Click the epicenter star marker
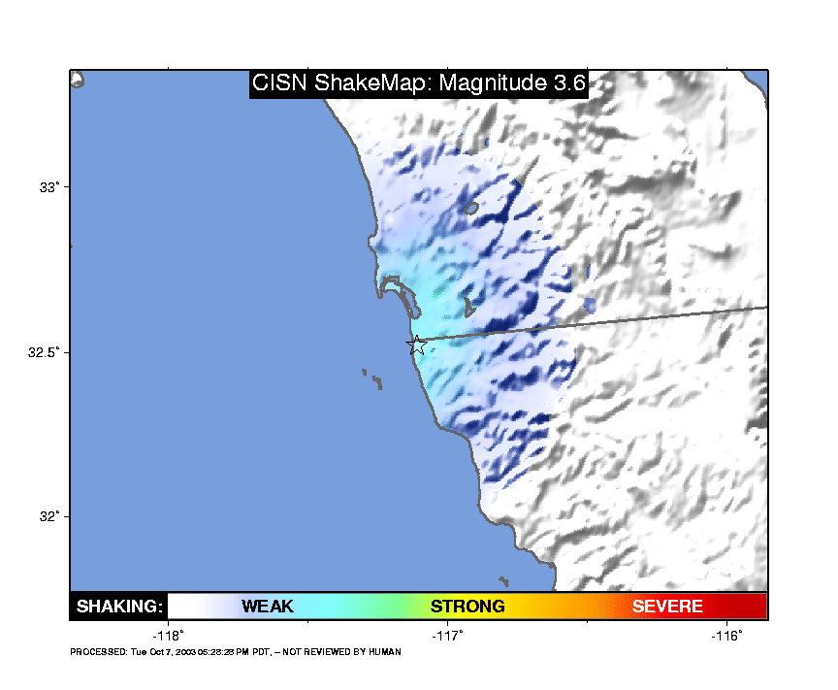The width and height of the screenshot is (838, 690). click(x=417, y=345)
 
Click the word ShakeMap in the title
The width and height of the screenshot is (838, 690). click(x=373, y=83)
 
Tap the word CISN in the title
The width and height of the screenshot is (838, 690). click(x=279, y=82)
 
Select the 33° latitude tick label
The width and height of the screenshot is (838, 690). click(x=49, y=187)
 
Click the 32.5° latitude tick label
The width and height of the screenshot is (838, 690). click(x=44, y=352)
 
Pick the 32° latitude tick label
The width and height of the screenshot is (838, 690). click(x=49, y=516)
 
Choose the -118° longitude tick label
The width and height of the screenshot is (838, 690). click(x=168, y=636)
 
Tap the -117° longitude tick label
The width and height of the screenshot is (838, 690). click(x=447, y=636)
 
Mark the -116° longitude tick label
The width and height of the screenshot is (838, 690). click(x=726, y=636)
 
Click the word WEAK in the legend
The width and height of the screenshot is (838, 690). click(x=268, y=606)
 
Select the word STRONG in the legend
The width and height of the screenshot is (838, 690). click(x=467, y=606)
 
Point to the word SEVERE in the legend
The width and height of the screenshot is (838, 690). click(x=667, y=606)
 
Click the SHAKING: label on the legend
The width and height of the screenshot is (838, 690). click(x=119, y=606)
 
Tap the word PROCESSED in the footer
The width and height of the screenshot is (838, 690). click(x=99, y=651)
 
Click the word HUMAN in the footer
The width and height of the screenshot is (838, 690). click(x=385, y=651)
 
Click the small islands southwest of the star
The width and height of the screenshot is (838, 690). click(x=373, y=378)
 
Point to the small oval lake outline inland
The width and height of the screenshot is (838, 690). click(x=471, y=208)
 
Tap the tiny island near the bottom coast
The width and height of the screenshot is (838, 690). click(x=503, y=581)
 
